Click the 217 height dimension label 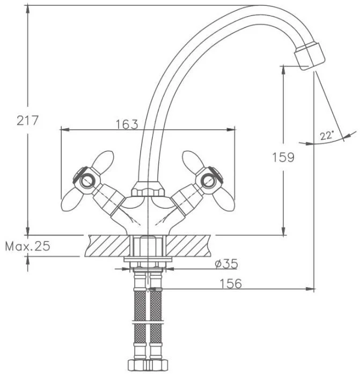point(27,121)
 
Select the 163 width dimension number point(127,124)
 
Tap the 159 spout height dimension point(282,157)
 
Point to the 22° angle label point(326,136)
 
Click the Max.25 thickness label point(27,247)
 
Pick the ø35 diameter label point(226,263)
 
